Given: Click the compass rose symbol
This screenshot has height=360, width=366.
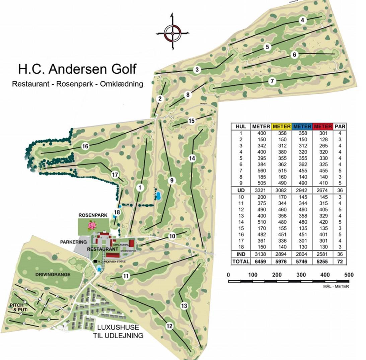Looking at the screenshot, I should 173,32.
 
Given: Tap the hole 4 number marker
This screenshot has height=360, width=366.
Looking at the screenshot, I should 302,20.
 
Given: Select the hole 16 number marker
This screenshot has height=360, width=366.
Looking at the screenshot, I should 85,146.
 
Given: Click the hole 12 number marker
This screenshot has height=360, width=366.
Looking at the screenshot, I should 169,326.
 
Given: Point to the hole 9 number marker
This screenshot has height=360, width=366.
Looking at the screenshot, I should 171,181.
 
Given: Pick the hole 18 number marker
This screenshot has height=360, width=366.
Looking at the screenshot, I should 117,212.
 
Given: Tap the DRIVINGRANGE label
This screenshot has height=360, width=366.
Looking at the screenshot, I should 53,275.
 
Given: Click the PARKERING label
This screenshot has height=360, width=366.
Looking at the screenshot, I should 73,242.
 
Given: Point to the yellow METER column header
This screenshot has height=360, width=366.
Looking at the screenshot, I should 282,127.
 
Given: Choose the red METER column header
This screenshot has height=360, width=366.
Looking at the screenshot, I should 323,127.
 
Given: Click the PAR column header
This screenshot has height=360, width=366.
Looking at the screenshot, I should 340,127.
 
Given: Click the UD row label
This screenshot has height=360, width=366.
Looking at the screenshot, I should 241,190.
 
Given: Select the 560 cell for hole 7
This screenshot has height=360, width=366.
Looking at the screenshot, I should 261,171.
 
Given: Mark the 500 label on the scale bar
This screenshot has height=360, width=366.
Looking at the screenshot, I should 349,275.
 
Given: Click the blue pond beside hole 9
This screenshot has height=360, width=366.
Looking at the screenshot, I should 158,195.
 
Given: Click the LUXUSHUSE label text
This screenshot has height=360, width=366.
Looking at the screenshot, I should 118,328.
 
